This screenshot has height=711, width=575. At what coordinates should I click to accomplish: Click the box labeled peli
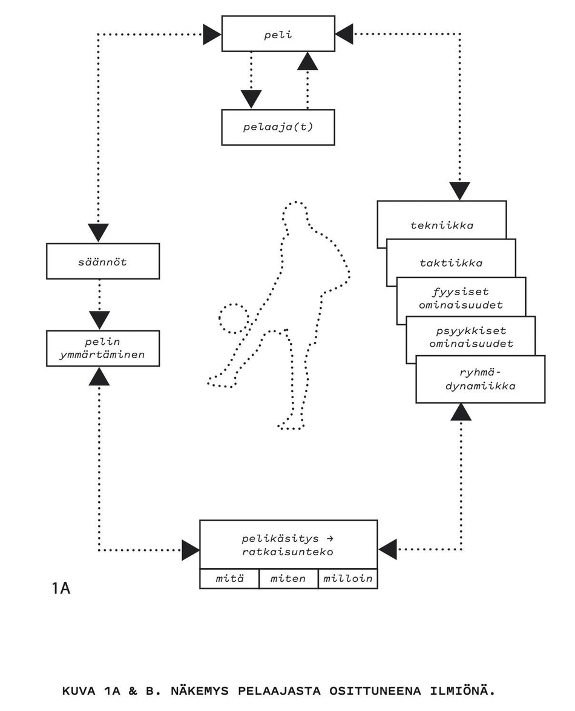pos(278,34)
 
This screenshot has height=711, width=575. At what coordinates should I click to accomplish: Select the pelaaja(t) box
pos(278,127)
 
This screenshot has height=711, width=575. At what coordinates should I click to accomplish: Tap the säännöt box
pos(103,261)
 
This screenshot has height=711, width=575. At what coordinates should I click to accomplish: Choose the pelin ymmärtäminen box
pos(103,349)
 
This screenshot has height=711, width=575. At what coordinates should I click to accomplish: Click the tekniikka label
pos(442,225)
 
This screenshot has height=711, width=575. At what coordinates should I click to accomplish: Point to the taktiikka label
pos(451,263)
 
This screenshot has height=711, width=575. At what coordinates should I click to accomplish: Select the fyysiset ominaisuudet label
pos(461,299)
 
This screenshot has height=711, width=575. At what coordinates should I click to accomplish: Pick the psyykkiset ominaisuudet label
pos(471,337)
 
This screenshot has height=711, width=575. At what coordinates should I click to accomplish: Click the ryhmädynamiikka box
pos(480,379)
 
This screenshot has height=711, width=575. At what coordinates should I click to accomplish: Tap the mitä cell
pos(229,579)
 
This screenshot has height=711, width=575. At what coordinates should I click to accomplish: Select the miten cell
pos(288,579)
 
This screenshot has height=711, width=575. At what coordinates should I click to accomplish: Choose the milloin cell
pos(347,579)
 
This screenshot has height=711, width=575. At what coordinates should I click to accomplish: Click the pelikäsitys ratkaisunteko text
pos(288,545)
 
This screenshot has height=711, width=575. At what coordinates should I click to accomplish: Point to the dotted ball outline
pos(233,319)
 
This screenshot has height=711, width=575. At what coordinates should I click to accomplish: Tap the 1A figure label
pos(61,588)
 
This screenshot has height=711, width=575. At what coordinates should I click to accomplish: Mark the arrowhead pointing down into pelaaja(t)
pos(251,99)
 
